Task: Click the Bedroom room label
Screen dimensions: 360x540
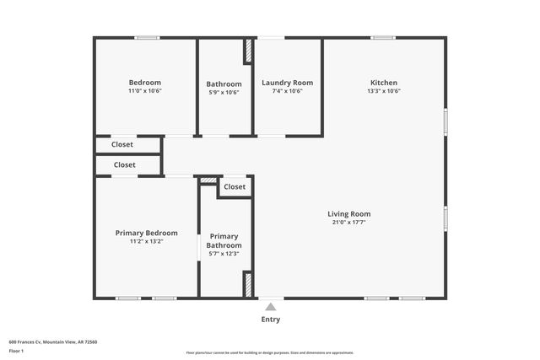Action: click(144, 82)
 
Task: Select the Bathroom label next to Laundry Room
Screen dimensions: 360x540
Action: click(224, 83)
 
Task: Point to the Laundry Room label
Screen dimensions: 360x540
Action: click(287, 83)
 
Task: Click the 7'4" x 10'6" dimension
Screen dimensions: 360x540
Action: click(287, 91)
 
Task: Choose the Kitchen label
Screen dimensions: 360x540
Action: click(383, 83)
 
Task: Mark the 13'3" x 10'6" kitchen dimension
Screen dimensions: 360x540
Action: click(383, 91)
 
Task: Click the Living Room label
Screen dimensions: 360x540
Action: click(348, 214)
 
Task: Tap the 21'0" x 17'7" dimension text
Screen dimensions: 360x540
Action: click(348, 223)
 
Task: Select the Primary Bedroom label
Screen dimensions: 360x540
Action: click(147, 233)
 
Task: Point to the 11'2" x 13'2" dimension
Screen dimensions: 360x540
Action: click(147, 241)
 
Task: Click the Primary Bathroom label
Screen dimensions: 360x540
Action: click(224, 241)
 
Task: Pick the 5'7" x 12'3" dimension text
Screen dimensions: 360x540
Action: click(224, 254)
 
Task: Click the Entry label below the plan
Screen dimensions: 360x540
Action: click(270, 320)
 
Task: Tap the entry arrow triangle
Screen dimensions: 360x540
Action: click(270, 306)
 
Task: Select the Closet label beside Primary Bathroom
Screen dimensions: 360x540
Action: click(235, 187)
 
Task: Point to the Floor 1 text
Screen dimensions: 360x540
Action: click(16, 351)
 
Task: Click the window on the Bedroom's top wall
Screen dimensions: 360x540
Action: click(148, 37)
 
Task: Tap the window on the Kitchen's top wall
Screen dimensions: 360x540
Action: click(383, 37)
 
